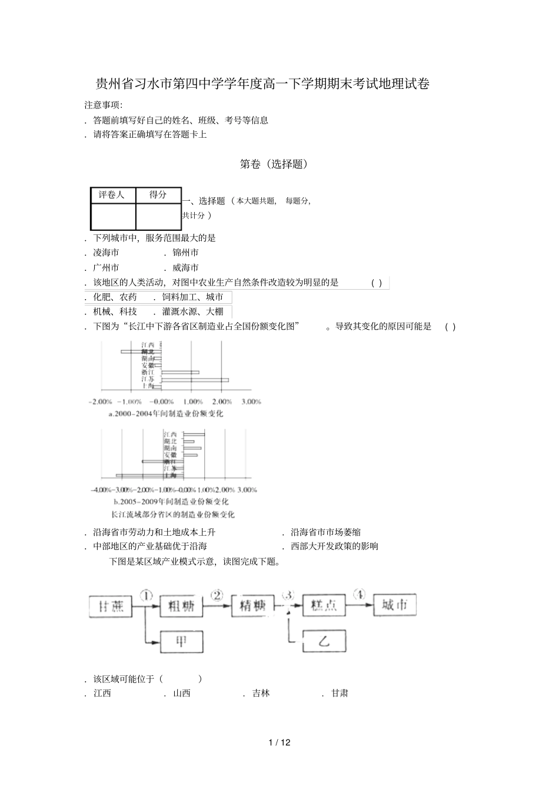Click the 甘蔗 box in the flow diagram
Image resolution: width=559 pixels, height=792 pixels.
coord(111,607)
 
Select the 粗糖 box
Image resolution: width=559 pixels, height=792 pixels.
coord(181,607)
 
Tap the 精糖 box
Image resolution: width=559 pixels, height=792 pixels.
coord(253,607)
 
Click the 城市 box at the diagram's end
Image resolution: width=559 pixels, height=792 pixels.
coord(395,605)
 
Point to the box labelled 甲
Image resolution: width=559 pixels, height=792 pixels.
coord(181,641)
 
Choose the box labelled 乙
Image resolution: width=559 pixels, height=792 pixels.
coord(324,641)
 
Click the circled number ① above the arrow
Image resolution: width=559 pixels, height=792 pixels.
coord(146,595)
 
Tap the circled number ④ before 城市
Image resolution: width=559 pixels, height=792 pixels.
coord(359,594)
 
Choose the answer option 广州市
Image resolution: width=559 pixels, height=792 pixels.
coord(106,267)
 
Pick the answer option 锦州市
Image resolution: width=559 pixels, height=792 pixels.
coord(185,253)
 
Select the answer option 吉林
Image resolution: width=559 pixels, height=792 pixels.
coord(261,693)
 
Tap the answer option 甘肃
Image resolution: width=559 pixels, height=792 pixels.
coord(340,693)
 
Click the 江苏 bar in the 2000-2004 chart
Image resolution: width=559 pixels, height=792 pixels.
coord(195,380)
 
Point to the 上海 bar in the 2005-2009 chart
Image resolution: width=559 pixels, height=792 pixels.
coord(150,475)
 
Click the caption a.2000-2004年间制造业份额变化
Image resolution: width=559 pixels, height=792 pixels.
coord(166,413)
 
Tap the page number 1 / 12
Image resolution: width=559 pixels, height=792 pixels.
coord(279,742)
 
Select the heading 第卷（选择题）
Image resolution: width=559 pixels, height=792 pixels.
coord(274,164)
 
